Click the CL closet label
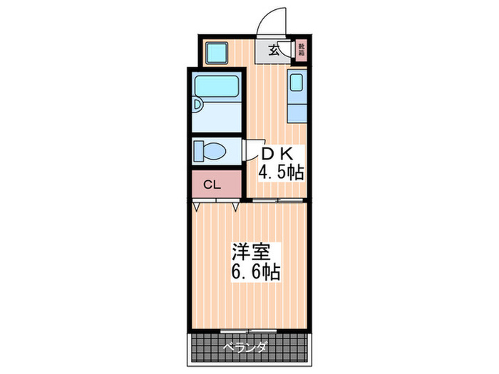[x=211, y=185]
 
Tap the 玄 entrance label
[x=274, y=49]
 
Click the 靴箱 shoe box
[x=301, y=50]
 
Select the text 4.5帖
[x=282, y=172]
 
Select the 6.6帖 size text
[x=254, y=271]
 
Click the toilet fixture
[x=211, y=151]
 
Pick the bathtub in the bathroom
[x=217, y=86]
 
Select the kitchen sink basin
[x=297, y=81]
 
